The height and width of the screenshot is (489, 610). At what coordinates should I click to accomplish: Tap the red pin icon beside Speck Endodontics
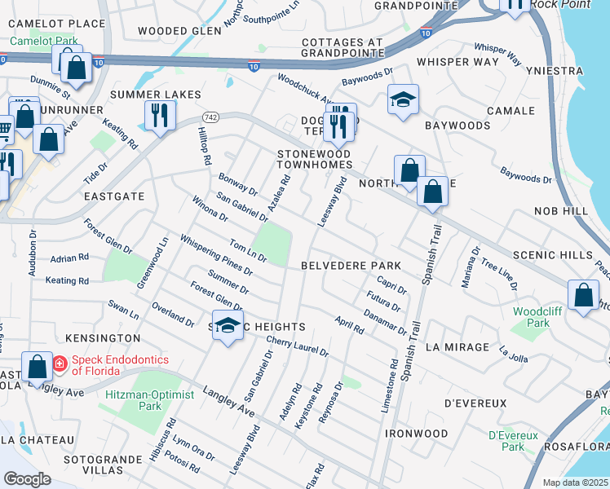pyautogui.click(x=60, y=364)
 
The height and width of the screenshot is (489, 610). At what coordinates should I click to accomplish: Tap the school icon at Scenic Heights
pyautogui.click(x=228, y=326)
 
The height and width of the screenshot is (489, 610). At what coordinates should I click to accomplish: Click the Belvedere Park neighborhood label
pyautogui.click(x=351, y=266)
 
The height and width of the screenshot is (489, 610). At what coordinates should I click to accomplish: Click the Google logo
pyautogui.click(x=27, y=478)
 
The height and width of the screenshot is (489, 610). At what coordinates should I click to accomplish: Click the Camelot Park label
pyautogui.click(x=43, y=40)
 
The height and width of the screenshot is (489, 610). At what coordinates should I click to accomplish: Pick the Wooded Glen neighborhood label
pyautogui.click(x=179, y=31)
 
